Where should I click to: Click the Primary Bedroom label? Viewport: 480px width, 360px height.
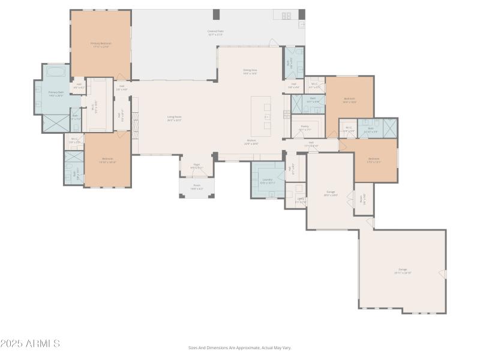(101, 44)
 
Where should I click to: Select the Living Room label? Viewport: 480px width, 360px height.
(174, 118)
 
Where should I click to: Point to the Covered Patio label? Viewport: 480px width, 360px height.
(216, 32)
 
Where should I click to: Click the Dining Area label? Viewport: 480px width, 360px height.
(250, 71)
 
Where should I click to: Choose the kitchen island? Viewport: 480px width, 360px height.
(261, 116)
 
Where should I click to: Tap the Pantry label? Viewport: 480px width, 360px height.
(304, 127)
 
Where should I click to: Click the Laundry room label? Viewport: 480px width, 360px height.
(266, 182)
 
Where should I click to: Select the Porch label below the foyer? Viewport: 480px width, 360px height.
(197, 187)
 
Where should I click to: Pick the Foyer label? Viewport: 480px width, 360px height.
(196, 167)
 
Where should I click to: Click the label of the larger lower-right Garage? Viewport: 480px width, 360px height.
(403, 271)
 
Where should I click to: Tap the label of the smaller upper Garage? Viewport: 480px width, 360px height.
(330, 193)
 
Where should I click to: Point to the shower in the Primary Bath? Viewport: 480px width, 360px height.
(56, 124)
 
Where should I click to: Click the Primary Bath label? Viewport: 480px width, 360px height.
(55, 94)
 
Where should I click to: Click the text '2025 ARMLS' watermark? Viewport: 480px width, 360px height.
(30, 344)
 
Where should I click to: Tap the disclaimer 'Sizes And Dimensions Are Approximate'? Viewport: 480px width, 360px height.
(240, 347)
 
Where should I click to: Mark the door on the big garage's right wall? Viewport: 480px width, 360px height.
(443, 274)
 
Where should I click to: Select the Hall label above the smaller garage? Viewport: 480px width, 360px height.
(311, 143)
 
